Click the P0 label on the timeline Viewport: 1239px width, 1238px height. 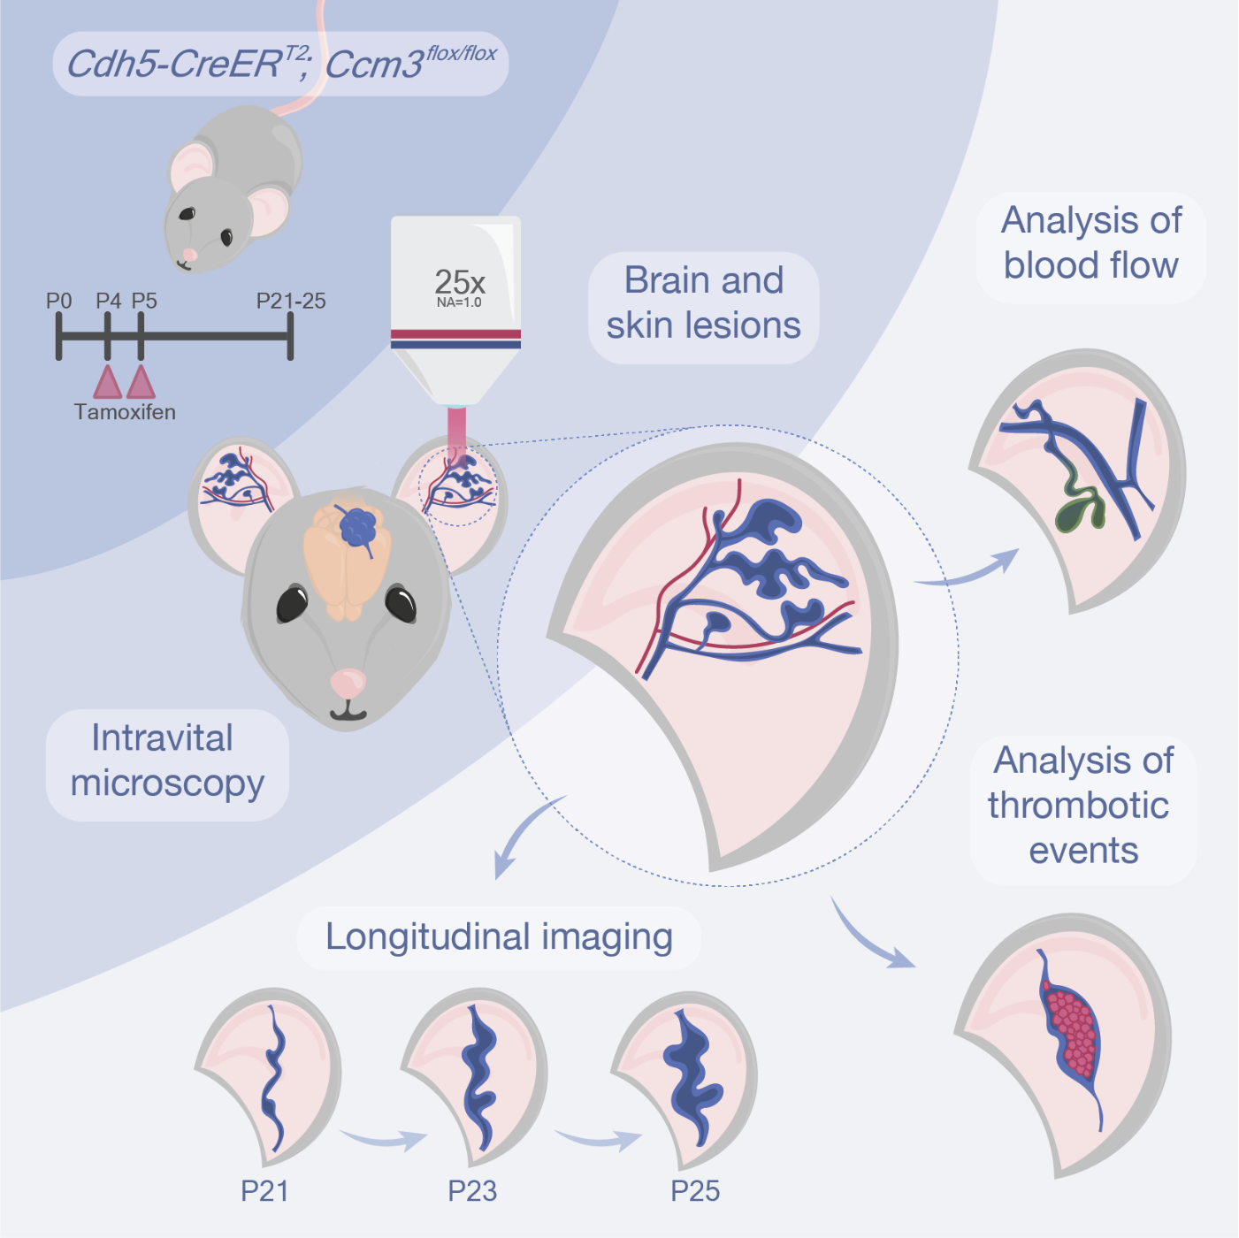pos(58,302)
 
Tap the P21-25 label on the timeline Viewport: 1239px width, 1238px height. pos(291,302)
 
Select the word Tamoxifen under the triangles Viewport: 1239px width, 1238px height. pos(125,412)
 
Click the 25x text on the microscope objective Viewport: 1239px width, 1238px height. pos(459,282)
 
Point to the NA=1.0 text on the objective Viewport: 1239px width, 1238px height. pos(459,302)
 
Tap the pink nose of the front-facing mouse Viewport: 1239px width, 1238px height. pos(348,682)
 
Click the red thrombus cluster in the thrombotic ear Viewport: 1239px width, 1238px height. pos(1074,1030)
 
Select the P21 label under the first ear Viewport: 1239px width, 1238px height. pos(264,1191)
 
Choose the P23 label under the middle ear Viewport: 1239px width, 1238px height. pos(472,1191)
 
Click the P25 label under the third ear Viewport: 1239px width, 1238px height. pos(695,1191)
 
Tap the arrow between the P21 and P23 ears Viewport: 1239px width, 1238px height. pos(384,1139)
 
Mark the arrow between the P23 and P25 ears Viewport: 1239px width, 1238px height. pos(599,1139)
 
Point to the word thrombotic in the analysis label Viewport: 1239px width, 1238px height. pos(1079,806)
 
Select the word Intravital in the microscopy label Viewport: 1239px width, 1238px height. pos(163,738)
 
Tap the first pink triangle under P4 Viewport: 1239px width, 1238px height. pos(108,383)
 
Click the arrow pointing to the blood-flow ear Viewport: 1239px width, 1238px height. pos(968,570)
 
